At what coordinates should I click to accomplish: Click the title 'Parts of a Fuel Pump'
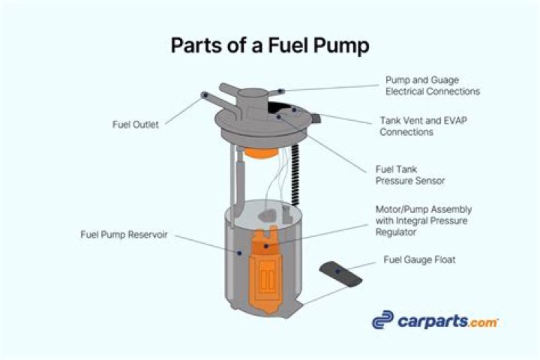[x=270, y=46]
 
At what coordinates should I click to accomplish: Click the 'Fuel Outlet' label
[x=134, y=125]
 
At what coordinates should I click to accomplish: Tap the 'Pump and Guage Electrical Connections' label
[x=432, y=85]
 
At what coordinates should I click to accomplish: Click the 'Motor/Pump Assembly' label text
[x=423, y=209]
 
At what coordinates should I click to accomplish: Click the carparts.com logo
[x=435, y=320]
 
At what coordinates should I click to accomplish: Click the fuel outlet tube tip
[x=205, y=94]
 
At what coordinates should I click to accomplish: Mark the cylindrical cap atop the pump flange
[x=253, y=97]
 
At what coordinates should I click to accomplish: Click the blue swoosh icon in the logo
[x=383, y=320]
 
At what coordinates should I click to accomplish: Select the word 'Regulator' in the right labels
[x=395, y=233]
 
